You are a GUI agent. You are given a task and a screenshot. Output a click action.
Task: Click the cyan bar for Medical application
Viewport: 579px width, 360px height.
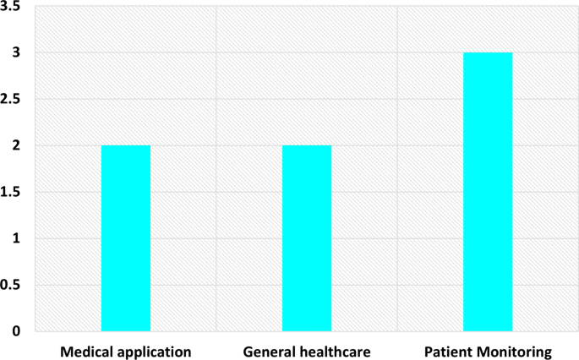click(126, 238)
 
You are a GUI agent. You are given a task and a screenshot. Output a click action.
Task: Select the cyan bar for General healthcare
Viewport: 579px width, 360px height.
click(307, 238)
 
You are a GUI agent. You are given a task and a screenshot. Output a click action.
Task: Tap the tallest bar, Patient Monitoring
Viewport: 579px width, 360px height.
click(488, 192)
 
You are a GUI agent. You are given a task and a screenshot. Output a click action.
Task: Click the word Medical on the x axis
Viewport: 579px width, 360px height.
click(85, 349)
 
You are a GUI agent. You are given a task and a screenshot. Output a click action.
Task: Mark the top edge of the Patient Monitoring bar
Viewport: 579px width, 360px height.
click(488, 53)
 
